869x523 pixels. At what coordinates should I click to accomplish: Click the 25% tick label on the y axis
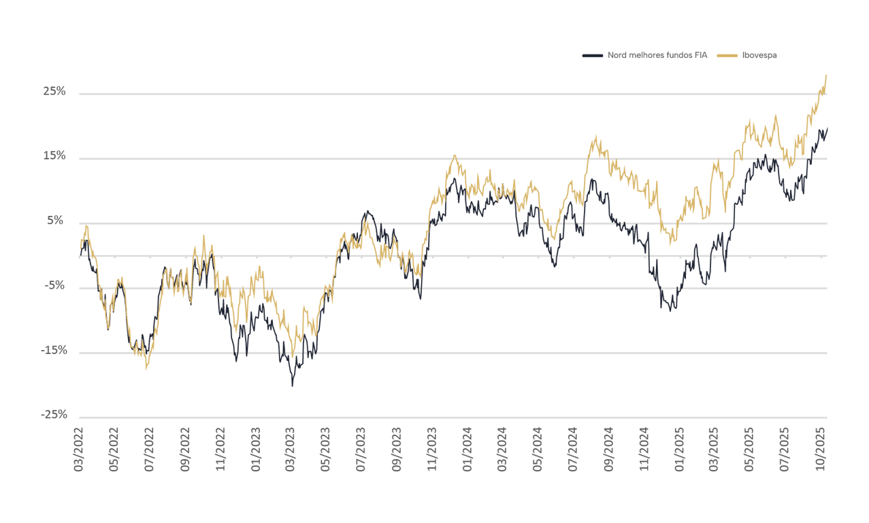[x=55, y=91]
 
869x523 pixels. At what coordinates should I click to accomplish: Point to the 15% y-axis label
[x=55, y=156]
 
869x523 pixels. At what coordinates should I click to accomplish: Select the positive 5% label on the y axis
[x=57, y=221]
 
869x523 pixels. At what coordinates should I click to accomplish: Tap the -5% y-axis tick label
[x=54, y=285]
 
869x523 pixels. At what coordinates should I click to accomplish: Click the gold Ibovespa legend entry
[x=759, y=55]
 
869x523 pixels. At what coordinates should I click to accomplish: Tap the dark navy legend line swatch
[x=593, y=55]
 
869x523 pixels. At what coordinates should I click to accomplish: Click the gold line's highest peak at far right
[x=826, y=75]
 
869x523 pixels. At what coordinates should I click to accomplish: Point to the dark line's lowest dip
[x=293, y=385]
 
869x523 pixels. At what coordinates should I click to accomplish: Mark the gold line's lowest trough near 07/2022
[x=146, y=370]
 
